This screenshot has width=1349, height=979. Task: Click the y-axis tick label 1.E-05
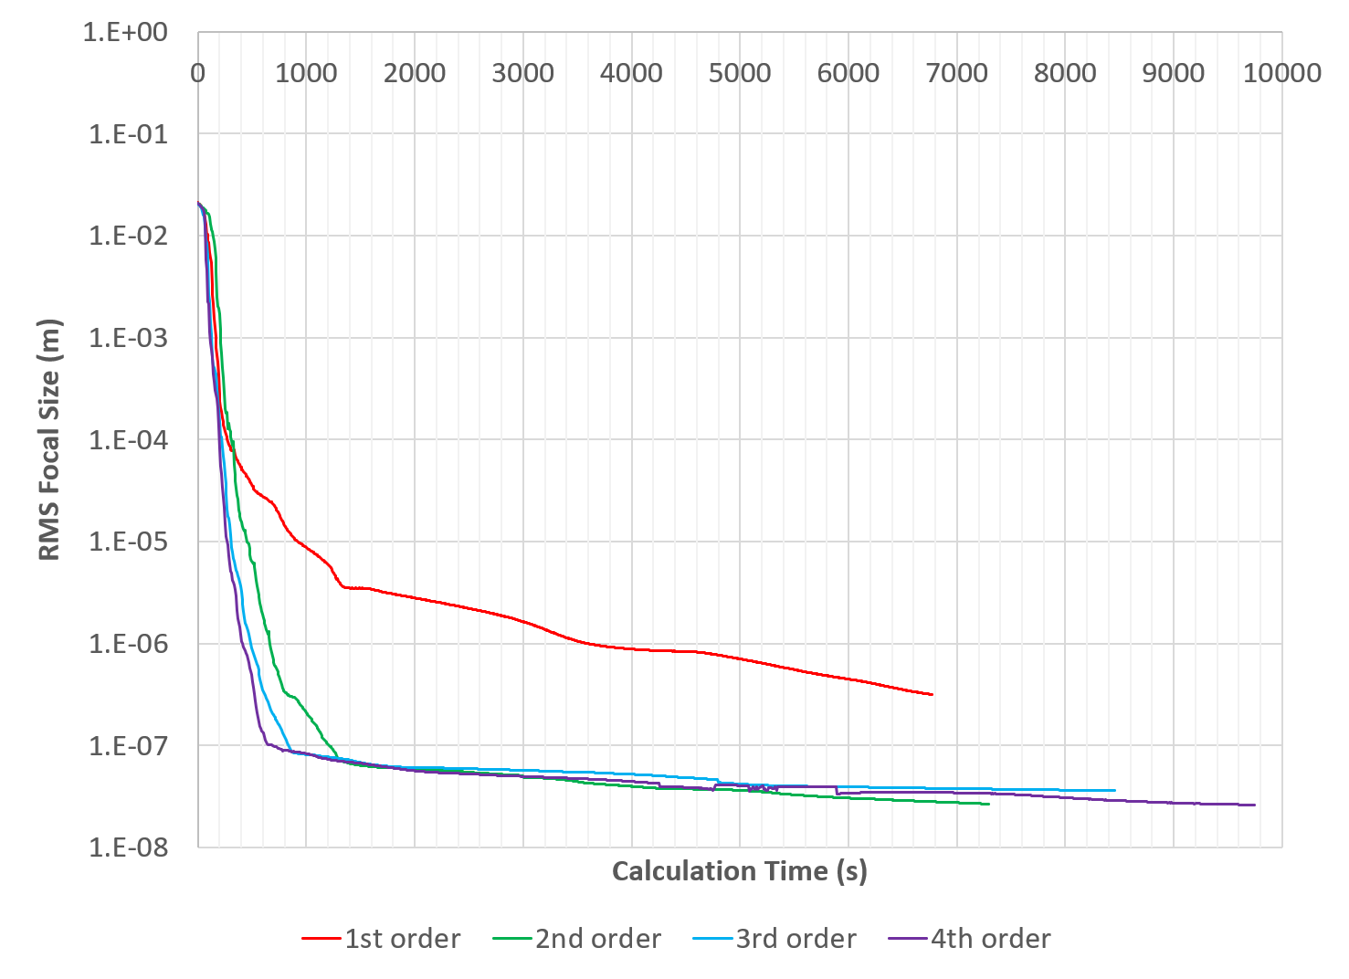(x=128, y=542)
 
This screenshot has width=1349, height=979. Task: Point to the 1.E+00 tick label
(x=125, y=33)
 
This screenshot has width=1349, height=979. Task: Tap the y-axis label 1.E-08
(x=128, y=848)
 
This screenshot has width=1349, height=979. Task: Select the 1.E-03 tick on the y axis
(x=128, y=339)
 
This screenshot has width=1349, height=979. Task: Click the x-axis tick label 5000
(x=740, y=73)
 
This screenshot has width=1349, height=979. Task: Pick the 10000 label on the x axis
(x=1281, y=73)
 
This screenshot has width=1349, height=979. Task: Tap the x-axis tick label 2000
(x=415, y=73)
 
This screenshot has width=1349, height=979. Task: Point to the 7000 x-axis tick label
(x=956, y=73)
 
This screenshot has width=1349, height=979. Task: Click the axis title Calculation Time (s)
(x=739, y=871)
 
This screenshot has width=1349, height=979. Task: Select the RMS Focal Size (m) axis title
(x=49, y=439)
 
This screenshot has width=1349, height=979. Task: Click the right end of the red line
(x=932, y=694)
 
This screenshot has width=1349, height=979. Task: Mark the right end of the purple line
(x=1255, y=805)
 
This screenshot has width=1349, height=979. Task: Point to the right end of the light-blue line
(x=1114, y=790)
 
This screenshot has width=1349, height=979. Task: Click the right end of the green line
(x=988, y=804)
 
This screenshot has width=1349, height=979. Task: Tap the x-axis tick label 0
(x=198, y=73)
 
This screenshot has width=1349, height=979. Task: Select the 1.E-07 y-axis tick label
(x=128, y=746)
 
